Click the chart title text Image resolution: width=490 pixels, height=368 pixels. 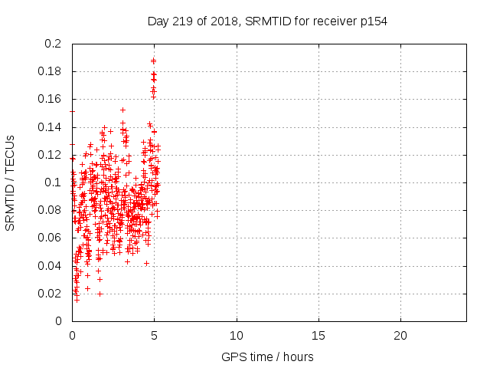(267, 21)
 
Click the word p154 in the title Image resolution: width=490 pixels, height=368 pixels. (373, 21)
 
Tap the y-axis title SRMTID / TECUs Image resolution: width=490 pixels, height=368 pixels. (10, 182)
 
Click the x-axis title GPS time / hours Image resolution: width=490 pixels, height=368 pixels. (267, 356)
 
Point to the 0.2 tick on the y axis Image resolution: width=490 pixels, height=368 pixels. (54, 44)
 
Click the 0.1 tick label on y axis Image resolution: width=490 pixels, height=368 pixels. (54, 182)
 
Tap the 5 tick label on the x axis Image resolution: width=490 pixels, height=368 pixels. (154, 336)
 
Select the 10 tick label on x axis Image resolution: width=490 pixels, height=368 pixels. (237, 336)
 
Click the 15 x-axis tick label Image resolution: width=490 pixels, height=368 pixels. (318, 336)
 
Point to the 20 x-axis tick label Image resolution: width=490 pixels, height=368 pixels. (400, 336)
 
